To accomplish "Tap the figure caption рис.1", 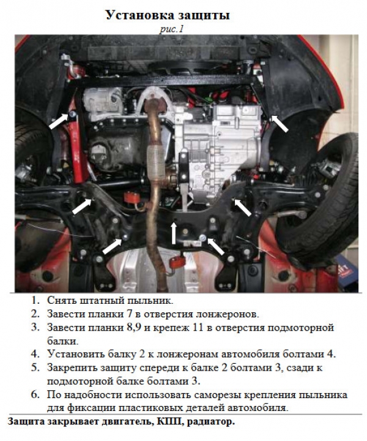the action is point(171,29).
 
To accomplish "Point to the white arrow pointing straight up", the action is point(174,233).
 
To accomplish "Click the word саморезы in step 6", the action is point(217,396).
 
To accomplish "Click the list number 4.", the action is point(35,354).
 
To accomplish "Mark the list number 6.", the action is point(35,395).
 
